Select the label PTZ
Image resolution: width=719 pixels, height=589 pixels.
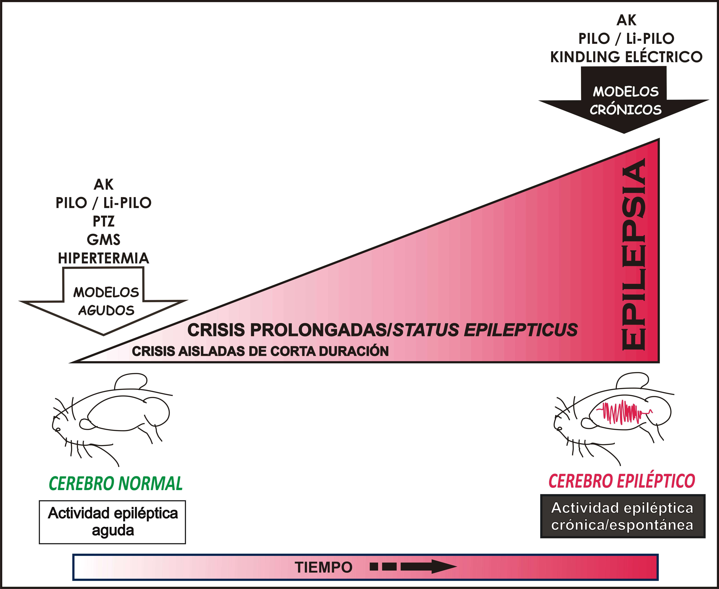103,221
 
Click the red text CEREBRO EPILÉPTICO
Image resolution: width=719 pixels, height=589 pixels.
622,481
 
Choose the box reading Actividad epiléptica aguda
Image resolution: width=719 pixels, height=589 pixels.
112,522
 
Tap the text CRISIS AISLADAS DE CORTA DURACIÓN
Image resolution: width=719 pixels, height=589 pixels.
260,351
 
